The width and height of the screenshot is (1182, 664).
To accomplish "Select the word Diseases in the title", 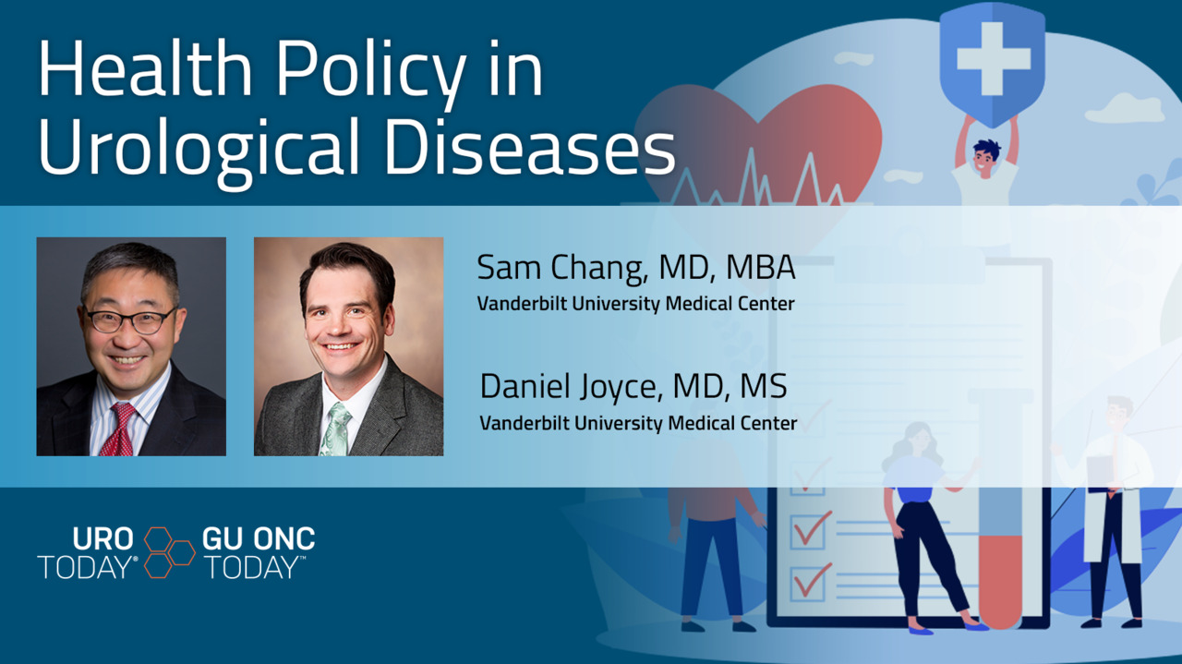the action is (x=530, y=146).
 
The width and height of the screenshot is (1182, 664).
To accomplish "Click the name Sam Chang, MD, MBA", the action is (x=636, y=269).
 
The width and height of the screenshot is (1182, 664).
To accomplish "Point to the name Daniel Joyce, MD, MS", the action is (x=633, y=388).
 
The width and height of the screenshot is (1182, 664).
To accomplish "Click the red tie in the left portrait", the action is (x=120, y=429).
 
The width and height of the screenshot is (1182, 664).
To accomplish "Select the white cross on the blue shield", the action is (x=993, y=58).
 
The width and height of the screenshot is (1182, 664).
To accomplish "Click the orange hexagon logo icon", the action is (x=169, y=552).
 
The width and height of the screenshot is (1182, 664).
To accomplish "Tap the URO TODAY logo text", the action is (x=88, y=552).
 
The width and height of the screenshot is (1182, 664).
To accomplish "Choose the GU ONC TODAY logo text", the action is (x=259, y=552).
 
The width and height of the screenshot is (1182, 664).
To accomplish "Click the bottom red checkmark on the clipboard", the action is (x=812, y=580).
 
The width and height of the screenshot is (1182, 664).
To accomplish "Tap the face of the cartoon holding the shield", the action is (x=984, y=158).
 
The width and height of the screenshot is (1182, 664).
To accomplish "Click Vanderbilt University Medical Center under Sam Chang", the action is (x=636, y=304).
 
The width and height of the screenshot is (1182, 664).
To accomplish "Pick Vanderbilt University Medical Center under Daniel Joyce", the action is (x=638, y=423).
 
